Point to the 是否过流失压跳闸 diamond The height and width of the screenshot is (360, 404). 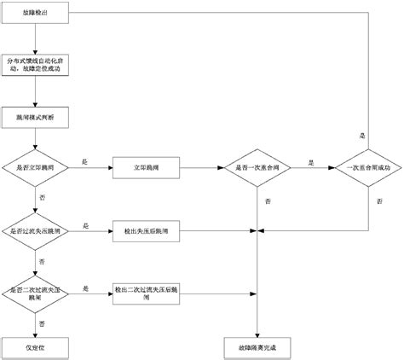tap(35, 231)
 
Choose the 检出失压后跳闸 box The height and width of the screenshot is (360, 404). tap(146, 231)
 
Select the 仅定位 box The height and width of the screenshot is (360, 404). tap(35, 348)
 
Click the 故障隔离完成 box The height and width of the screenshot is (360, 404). tap(257, 348)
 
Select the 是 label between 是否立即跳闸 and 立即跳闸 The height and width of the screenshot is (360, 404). tap(84, 162)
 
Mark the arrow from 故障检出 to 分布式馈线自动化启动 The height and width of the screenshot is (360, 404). tap(35, 38)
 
